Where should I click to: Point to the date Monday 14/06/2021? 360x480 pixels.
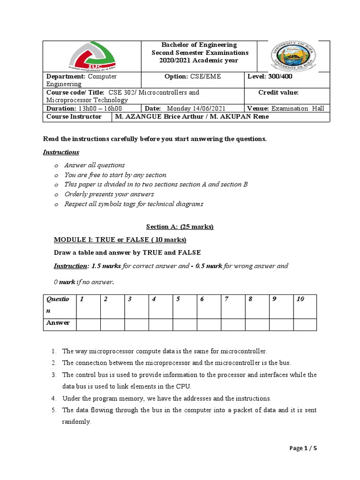(192, 108)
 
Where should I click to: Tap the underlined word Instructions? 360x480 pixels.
(61, 152)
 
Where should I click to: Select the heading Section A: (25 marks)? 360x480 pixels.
(180, 226)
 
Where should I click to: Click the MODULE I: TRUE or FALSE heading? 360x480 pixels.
(120, 240)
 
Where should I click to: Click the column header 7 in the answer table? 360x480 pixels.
(226, 299)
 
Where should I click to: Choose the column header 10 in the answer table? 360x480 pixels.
(300, 299)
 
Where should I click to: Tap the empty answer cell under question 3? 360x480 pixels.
(136, 324)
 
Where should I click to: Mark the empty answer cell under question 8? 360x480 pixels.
(256, 324)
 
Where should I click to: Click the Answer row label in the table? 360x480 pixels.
(58, 322)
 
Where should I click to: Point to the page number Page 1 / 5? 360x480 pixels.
(303, 449)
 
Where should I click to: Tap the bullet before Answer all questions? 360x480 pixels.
(55, 165)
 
